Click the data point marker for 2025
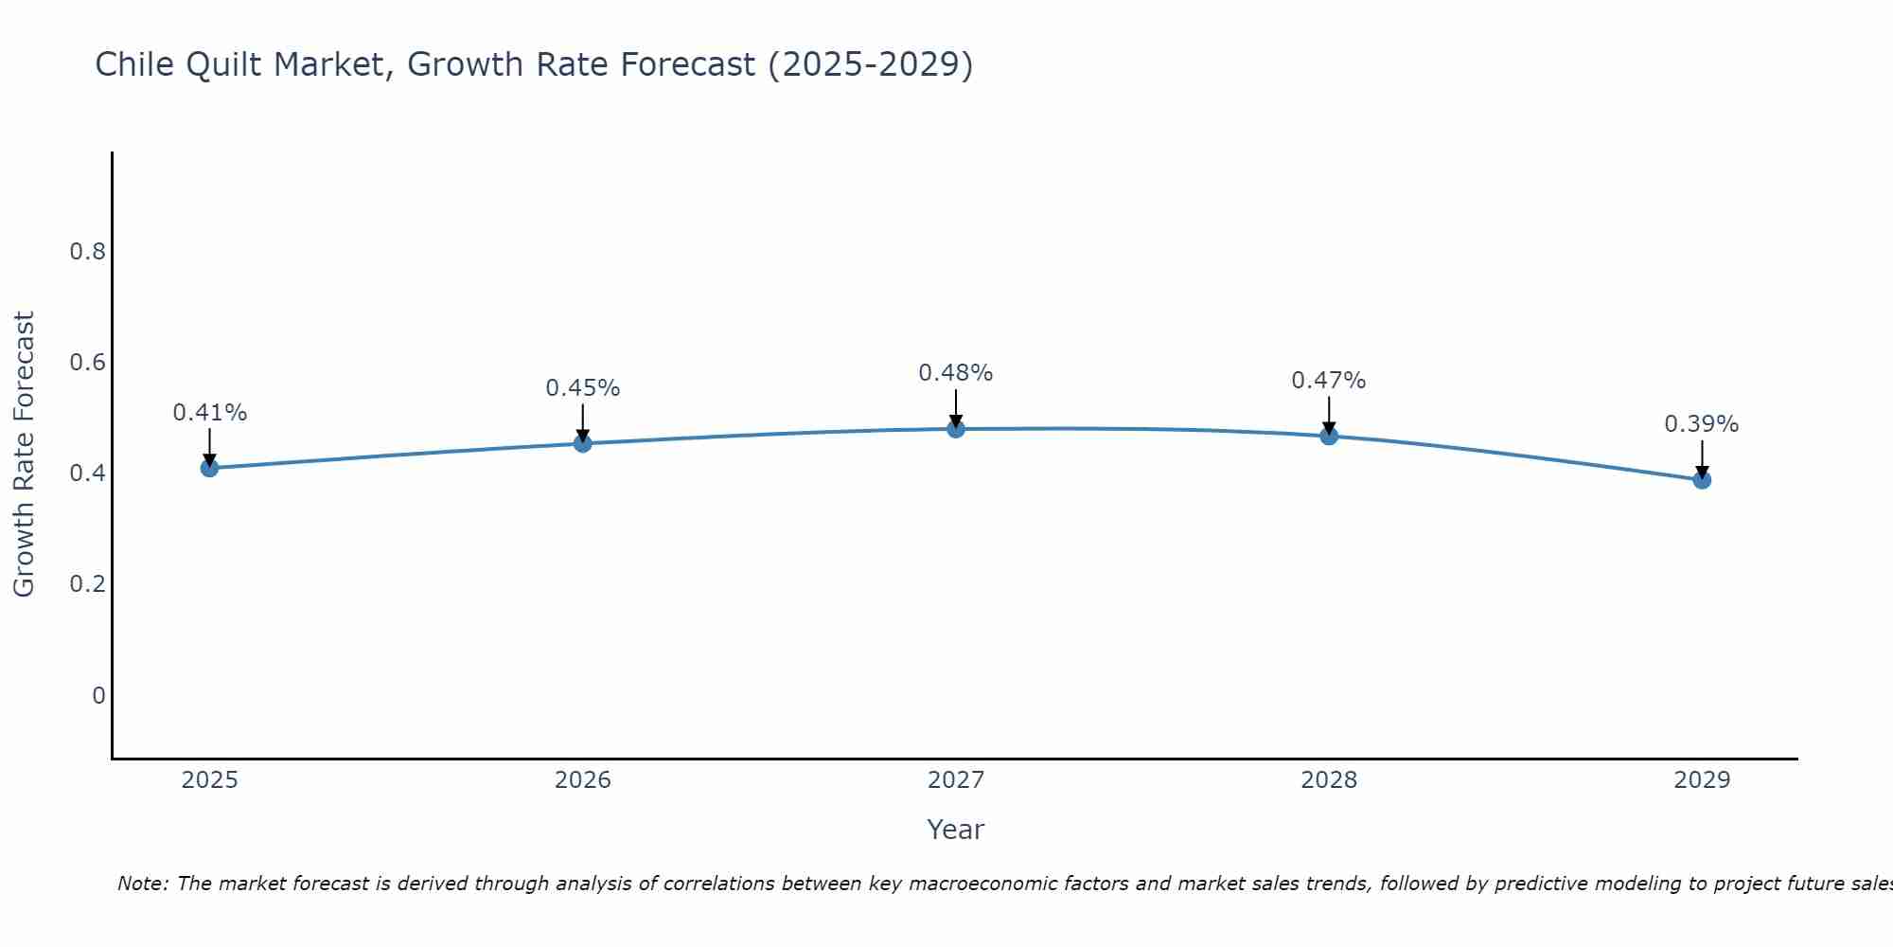click(209, 468)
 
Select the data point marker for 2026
click(582, 443)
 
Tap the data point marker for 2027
click(956, 429)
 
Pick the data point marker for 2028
click(1329, 436)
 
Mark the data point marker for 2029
click(1702, 480)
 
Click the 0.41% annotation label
click(209, 413)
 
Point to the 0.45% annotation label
click(582, 388)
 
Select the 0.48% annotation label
click(956, 373)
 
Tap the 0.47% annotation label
click(1329, 381)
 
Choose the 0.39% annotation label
click(1702, 424)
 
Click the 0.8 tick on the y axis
click(87, 252)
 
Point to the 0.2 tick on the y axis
click(87, 584)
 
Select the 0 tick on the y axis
click(98, 696)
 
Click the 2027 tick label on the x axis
click(956, 780)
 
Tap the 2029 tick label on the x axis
click(1702, 780)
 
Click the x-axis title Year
click(956, 830)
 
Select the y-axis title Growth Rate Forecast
click(24, 455)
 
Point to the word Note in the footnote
click(142, 884)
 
